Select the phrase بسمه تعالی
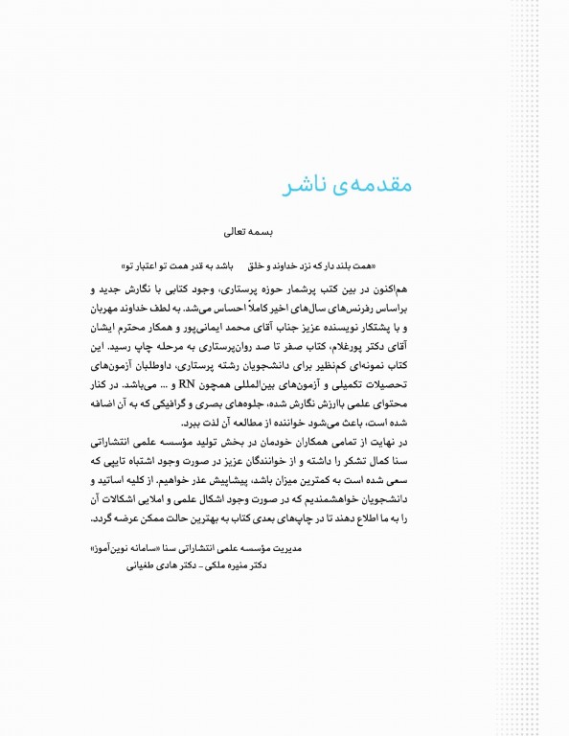click(x=247, y=231)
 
